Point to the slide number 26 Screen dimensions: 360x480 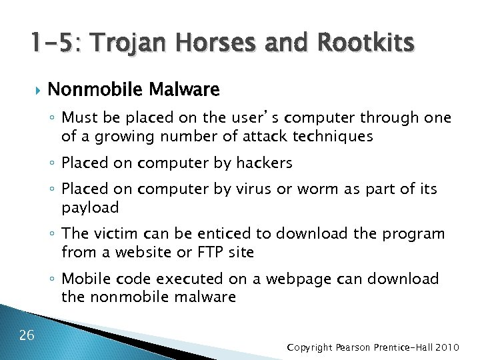click(27, 335)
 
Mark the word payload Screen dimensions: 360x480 click(90, 207)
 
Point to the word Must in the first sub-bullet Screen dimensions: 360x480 click(79, 118)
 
